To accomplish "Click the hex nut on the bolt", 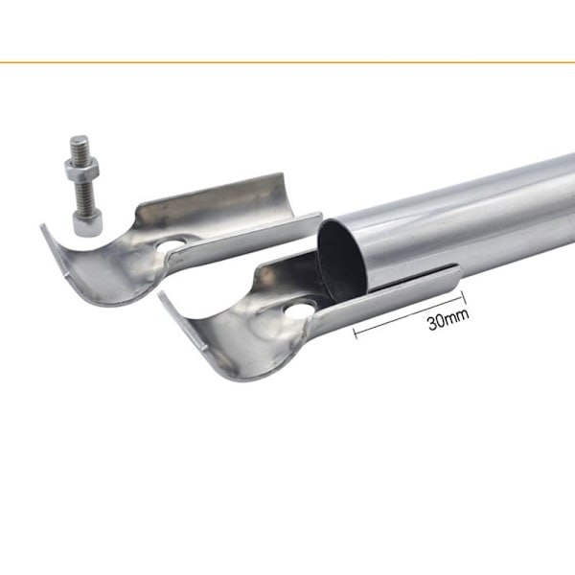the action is coord(81,169).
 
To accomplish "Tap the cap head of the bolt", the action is coord(88,225).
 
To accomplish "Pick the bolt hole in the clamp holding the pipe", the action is coord(301,310).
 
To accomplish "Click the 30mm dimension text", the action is coord(448,320).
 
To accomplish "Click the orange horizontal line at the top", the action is coord(287,62).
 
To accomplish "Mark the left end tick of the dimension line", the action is coord(355,333).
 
